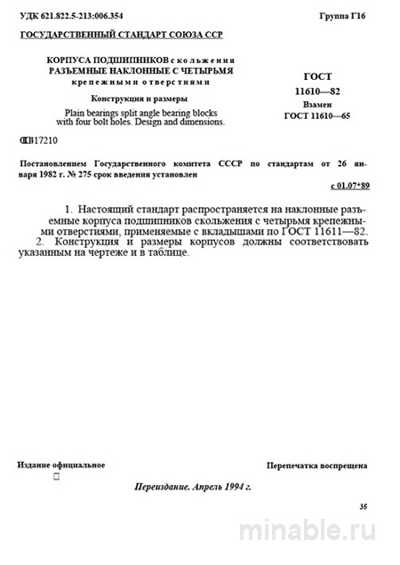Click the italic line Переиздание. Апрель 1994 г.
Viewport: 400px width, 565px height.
192,488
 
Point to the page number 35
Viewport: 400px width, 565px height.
362,506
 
